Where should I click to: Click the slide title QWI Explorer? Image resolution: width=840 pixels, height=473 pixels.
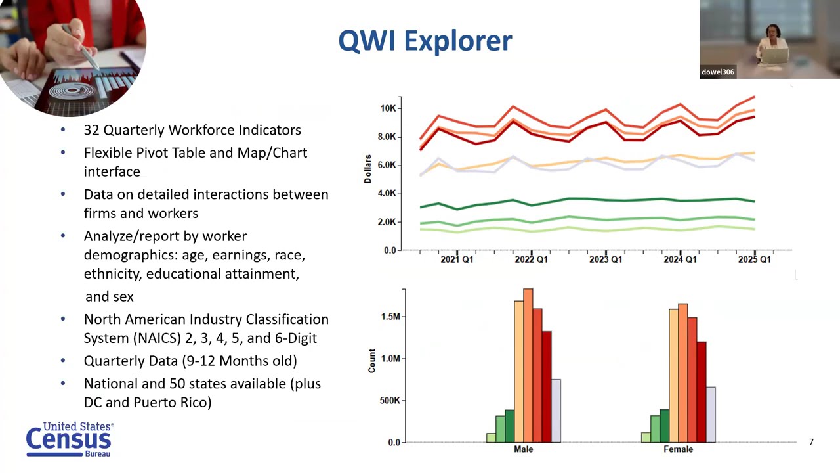425,41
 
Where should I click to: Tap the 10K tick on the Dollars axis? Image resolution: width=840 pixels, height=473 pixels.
387,108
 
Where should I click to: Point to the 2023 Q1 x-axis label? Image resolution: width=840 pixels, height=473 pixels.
605,259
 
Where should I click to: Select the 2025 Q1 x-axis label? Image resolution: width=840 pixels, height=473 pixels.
754,259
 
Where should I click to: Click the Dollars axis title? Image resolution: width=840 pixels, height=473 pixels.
368,169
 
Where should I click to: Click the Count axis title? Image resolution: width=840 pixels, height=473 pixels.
372,361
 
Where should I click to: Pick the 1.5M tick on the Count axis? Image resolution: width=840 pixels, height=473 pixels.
390,317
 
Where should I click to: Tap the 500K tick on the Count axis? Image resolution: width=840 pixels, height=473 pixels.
389,401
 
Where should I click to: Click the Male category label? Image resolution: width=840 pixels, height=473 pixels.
523,449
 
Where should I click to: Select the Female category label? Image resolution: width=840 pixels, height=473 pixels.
678,449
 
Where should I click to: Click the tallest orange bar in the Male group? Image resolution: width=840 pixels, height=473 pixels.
528,365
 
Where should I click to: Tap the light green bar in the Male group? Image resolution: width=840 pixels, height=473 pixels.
491,438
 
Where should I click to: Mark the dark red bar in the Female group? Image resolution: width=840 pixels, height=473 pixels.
702,392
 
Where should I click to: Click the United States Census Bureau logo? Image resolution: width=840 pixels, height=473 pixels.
70,439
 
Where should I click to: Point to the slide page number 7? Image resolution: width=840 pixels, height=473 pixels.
811,442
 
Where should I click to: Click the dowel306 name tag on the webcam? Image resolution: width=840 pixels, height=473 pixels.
717,72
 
